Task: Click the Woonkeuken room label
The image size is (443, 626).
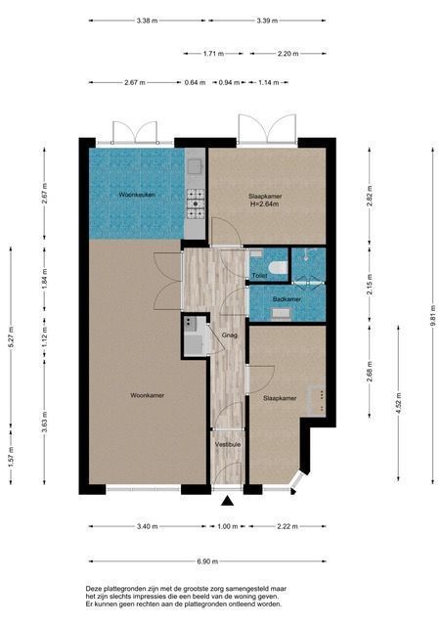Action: [x=137, y=195]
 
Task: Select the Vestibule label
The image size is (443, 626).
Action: [x=228, y=444]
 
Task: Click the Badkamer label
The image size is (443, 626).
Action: [x=287, y=299]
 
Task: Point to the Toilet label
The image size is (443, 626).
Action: [x=260, y=276]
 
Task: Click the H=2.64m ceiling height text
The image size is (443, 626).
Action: [x=265, y=204]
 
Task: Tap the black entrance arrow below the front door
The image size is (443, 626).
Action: [x=228, y=501]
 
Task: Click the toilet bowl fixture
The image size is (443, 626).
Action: [x=278, y=267]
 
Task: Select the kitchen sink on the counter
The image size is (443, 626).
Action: [x=195, y=166]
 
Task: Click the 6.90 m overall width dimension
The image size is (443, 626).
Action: [x=207, y=560]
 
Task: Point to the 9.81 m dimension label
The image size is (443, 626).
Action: [x=433, y=315]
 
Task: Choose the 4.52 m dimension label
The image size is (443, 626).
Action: [x=398, y=403]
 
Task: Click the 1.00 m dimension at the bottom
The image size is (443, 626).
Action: [x=228, y=526]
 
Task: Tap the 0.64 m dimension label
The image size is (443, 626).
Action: [x=196, y=82]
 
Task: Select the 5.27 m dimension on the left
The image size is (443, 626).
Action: [x=11, y=337]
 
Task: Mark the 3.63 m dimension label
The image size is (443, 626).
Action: [x=45, y=422]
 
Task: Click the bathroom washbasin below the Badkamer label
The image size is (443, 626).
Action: [x=282, y=314]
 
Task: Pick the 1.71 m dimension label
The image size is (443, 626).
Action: [x=213, y=54]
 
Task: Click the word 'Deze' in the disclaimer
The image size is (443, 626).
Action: [x=93, y=589]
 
